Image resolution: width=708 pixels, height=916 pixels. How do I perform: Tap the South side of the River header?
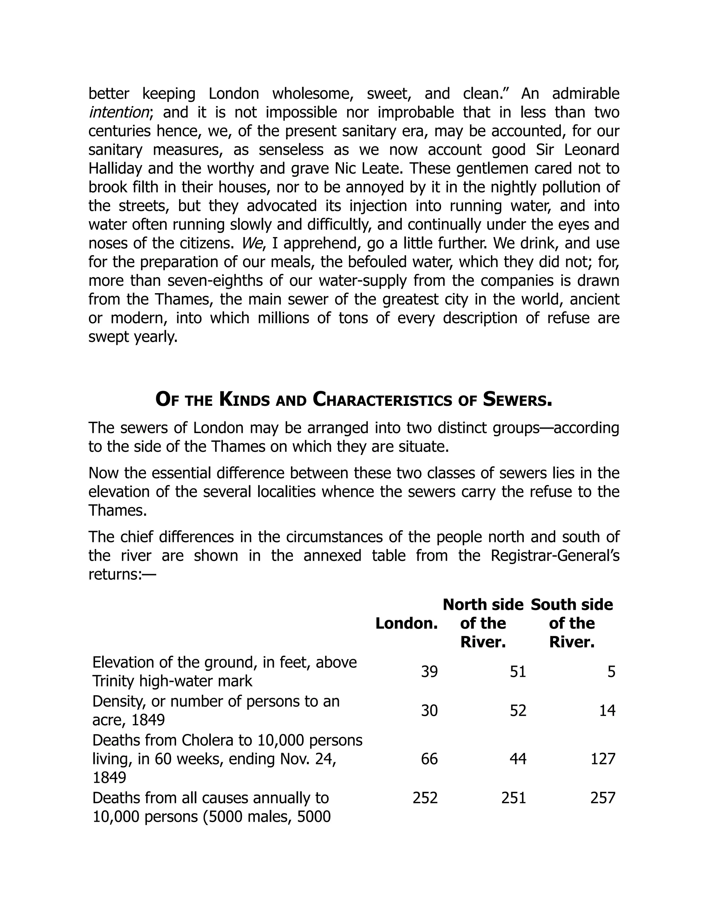coord(572,623)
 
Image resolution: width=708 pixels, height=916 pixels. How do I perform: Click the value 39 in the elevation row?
coord(429,672)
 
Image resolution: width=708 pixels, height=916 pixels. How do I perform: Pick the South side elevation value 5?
coord(611,672)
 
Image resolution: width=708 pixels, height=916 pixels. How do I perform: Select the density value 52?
coord(518,710)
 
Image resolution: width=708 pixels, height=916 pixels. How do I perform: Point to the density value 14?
coord(607,710)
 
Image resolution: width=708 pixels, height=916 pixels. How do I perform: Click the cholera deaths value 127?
coord(603,759)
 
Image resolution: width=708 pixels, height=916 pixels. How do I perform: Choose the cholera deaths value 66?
coord(429,759)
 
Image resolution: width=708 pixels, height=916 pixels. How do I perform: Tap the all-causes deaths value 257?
coord(603,797)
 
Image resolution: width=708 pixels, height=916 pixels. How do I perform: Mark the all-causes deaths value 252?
coord(425,797)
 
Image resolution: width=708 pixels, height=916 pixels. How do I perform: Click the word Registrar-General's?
coord(555,556)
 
